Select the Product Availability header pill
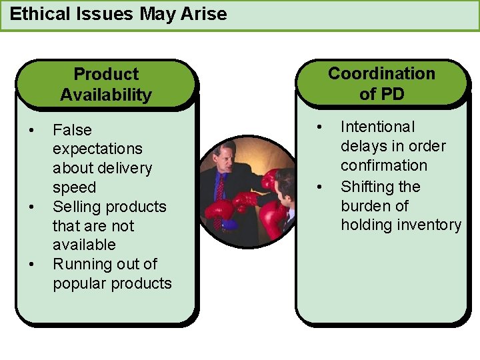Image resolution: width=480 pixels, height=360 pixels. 106,85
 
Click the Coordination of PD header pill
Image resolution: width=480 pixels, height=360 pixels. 381,84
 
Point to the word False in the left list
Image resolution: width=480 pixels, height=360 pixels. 72,130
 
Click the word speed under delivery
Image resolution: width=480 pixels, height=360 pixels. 74,187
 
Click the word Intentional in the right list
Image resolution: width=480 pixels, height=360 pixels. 378,127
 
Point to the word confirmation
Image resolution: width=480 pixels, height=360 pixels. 384,165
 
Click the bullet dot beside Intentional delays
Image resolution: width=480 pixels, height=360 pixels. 319,126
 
